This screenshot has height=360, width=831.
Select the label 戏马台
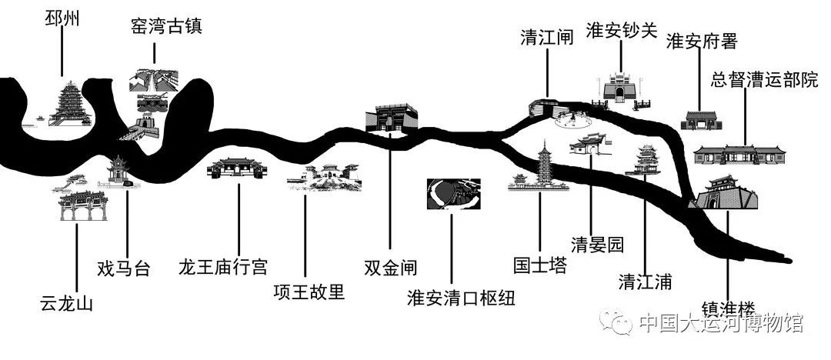click(123, 268)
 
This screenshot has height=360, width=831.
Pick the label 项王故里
click(309, 293)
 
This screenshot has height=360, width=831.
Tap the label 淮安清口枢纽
click(460, 297)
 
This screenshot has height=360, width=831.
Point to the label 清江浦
click(645, 282)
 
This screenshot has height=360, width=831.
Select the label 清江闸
click(546, 37)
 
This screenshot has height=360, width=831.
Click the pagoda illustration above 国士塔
click(540, 166)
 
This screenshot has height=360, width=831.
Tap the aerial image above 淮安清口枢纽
click(454, 194)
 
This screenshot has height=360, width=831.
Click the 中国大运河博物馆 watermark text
click(720, 324)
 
